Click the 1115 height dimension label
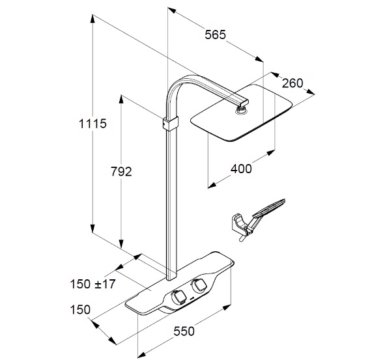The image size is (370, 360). coord(92,124)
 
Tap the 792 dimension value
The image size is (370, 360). coord(121,171)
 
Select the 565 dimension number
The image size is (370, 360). coord(215,35)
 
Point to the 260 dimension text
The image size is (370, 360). coord(292,83)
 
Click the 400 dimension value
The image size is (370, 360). coord(241,169)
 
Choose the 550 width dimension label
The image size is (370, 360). coord(184,331)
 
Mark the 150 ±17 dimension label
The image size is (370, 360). coord(92,284)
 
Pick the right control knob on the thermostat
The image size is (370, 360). coord(199,285)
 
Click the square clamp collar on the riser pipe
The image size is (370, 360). coord(171,123)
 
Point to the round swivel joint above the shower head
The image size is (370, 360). coord(241,109)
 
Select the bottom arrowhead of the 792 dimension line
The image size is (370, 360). coord(121,244)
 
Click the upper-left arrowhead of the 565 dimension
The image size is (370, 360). coord(172,10)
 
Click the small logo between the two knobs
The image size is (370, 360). coord(192,299)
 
